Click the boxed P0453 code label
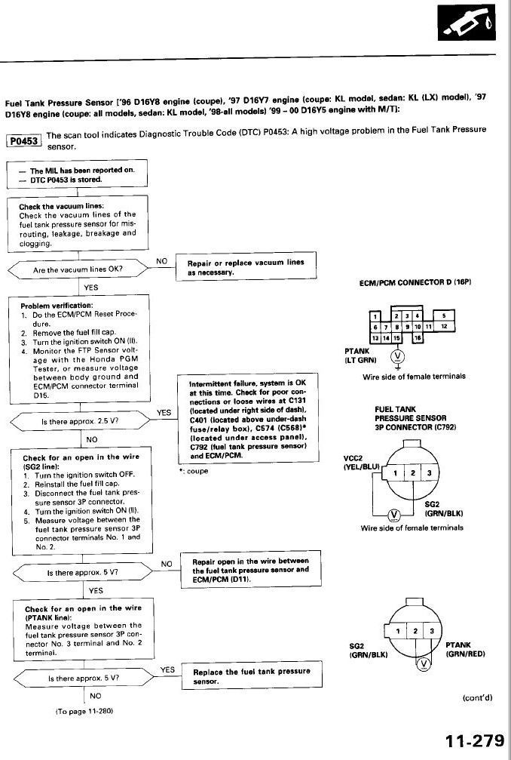pos(24,140)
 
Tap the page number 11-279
pos(473,740)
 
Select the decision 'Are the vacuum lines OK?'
pos(78,268)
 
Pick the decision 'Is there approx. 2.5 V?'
pos(78,421)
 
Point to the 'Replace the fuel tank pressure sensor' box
pos(246,676)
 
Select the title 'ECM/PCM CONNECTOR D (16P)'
pos(415,282)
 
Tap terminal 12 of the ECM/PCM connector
pos(444,326)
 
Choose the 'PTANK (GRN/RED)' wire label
pos(460,650)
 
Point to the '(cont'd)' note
pos(476,698)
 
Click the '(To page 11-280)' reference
pos(84,712)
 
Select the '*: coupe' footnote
pos(194,471)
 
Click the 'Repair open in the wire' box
pos(250,566)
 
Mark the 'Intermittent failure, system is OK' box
pos(247,419)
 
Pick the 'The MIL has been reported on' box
pos(78,174)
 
